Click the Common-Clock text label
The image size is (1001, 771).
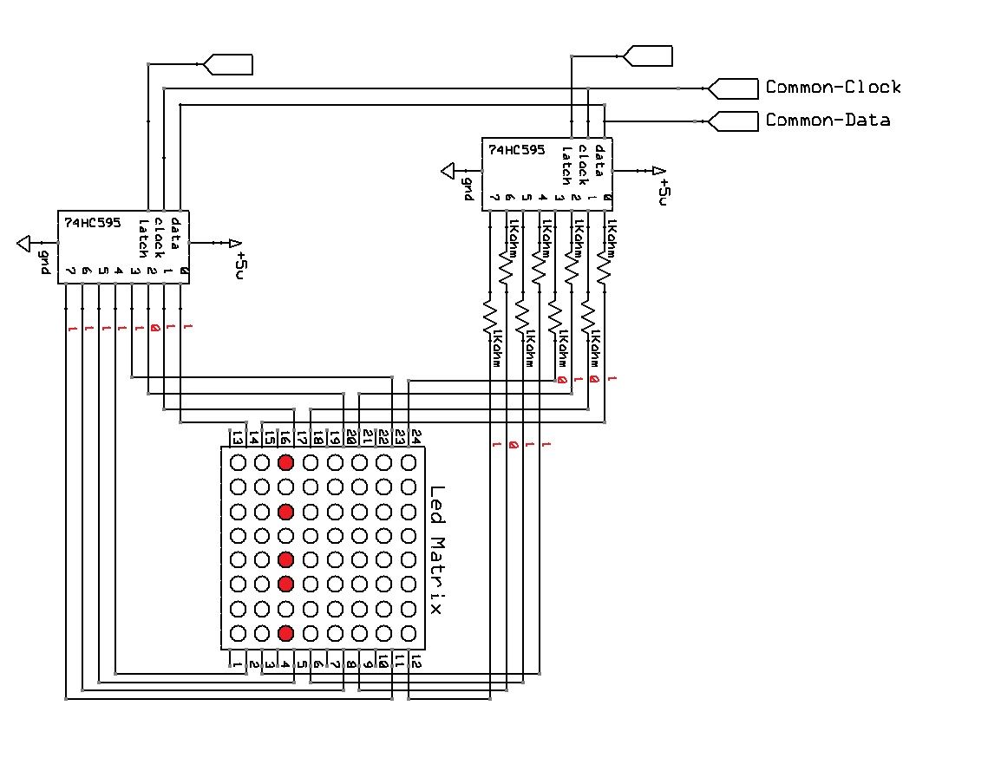[x=833, y=88]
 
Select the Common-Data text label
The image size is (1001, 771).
[x=827, y=121]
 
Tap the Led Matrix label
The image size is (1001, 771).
[x=435, y=550]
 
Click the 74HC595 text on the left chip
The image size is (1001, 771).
[x=93, y=222]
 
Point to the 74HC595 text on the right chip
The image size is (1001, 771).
[x=516, y=149]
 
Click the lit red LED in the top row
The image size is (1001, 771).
[x=286, y=463]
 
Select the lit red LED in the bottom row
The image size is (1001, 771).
[x=286, y=632]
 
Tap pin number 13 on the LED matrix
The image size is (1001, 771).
[x=237, y=438]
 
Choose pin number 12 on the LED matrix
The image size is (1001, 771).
[x=415, y=663]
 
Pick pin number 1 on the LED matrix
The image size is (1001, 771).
[x=237, y=663]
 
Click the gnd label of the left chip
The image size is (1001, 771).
[x=43, y=262]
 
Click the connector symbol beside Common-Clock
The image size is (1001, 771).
[x=731, y=88]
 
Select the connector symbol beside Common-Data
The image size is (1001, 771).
[x=731, y=121]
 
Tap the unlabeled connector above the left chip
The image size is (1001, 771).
[x=227, y=63]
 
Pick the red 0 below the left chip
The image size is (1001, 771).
[x=154, y=329]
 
